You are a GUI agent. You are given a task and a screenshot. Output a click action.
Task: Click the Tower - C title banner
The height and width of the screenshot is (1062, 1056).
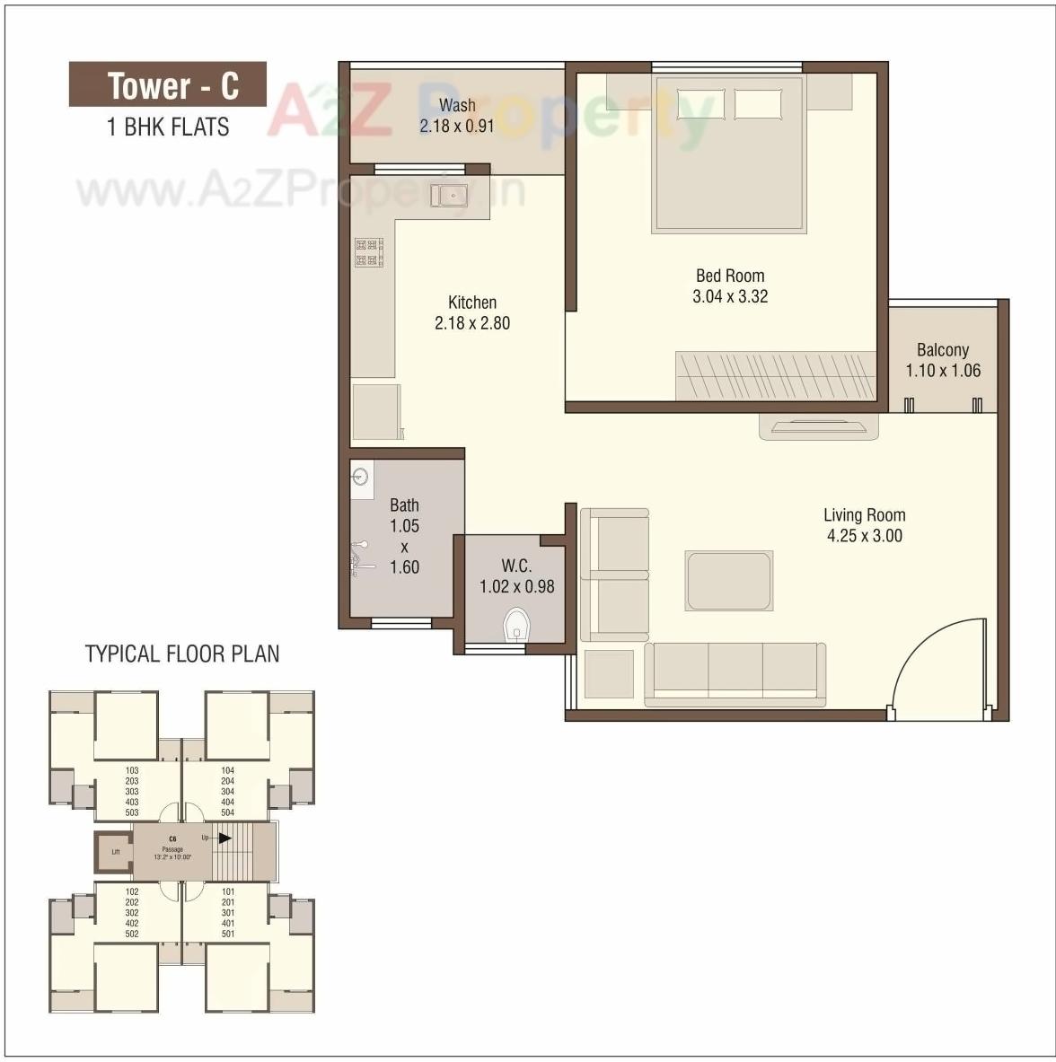168,85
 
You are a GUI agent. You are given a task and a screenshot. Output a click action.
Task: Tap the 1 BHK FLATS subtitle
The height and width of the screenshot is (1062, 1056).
168,127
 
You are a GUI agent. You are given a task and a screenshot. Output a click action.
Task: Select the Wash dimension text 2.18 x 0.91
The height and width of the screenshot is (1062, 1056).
456,126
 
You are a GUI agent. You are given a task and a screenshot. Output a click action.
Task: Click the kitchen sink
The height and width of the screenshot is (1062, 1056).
448,195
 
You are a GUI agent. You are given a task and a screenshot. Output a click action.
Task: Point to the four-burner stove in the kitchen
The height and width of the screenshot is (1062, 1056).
369,252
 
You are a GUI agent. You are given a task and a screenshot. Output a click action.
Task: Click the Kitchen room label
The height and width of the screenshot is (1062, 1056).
472,303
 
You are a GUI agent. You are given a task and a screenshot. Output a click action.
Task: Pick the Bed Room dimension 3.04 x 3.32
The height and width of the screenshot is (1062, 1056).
730,296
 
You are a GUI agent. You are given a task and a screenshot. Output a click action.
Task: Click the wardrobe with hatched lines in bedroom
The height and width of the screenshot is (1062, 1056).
775,375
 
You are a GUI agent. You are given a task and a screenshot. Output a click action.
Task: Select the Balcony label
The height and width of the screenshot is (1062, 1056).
942,350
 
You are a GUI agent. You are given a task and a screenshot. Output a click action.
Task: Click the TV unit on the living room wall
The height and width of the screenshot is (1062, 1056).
818,426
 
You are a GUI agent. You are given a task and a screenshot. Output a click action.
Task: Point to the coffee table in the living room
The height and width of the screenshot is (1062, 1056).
728,581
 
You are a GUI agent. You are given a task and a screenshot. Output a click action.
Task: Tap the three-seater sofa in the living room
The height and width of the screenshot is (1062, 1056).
735,673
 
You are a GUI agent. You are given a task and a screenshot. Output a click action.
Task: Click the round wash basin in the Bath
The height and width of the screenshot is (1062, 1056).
361,476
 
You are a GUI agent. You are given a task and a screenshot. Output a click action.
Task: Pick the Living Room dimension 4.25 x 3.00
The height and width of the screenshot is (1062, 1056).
864,536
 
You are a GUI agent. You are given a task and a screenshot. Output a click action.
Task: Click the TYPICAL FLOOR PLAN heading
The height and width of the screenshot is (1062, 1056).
182,654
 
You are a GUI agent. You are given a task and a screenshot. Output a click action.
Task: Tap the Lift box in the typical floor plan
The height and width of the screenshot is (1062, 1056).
115,852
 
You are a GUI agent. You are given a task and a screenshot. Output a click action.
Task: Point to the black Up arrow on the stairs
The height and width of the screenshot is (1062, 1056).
224,838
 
